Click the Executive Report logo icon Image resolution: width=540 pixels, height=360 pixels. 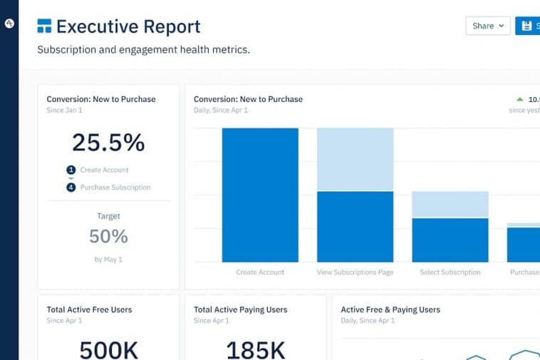(x=44, y=27)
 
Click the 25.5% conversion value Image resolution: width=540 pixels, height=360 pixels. (x=108, y=143)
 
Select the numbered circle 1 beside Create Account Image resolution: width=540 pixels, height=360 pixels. (x=71, y=170)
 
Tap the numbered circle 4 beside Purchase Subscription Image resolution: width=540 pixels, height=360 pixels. (x=71, y=187)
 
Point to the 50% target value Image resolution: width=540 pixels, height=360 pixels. (x=108, y=236)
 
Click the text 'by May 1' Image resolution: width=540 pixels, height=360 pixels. (x=108, y=259)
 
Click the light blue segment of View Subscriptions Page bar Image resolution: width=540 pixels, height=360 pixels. (x=355, y=159)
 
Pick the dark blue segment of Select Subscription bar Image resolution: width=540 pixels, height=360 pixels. (x=450, y=240)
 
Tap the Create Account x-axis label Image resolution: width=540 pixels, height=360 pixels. (x=260, y=272)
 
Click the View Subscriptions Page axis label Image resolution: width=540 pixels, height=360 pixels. (x=355, y=272)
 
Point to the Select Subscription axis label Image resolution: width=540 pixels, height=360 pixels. (x=450, y=272)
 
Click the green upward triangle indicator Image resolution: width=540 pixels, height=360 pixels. (x=519, y=99)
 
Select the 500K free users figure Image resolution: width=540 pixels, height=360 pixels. (x=108, y=349)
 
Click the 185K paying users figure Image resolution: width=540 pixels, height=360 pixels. (x=255, y=349)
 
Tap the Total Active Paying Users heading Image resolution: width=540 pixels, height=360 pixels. (x=240, y=309)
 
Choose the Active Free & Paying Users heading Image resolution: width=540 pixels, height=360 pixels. (x=390, y=309)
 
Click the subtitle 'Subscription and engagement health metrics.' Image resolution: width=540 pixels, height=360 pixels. (x=143, y=50)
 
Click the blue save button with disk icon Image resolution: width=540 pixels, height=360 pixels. (x=528, y=26)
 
